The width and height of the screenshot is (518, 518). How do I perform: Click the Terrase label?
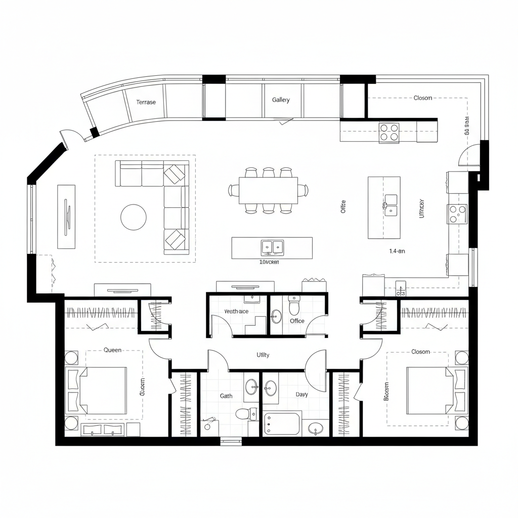pyautogui.click(x=146, y=102)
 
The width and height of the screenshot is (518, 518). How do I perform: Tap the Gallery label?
pyautogui.click(x=281, y=100)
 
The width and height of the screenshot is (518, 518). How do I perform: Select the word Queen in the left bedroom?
pyautogui.click(x=112, y=350)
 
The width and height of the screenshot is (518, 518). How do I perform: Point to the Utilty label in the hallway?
pyautogui.click(x=263, y=355)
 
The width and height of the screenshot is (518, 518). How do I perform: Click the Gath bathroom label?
pyautogui.click(x=226, y=396)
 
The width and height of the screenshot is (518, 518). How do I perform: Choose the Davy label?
pyautogui.click(x=301, y=395)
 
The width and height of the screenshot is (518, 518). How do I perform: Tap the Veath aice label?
pyautogui.click(x=236, y=312)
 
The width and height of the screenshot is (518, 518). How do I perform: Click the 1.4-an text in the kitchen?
pyautogui.click(x=397, y=251)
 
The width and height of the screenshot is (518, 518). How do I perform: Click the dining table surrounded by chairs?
pyautogui.click(x=268, y=190)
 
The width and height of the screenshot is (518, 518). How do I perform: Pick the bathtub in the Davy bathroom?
pyautogui.click(x=282, y=423)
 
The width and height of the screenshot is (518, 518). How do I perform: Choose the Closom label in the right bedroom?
pyautogui.click(x=420, y=352)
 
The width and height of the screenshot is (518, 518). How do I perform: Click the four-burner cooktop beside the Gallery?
pyautogui.click(x=389, y=133)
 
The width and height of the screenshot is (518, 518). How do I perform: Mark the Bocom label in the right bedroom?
pyautogui.click(x=387, y=391)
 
